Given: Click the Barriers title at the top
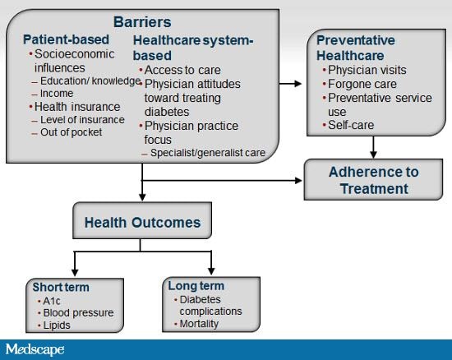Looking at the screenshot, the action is (x=142, y=22).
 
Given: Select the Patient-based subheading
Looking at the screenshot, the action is (x=66, y=39).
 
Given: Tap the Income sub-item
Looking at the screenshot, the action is (x=57, y=93).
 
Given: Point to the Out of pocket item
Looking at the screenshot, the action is (x=71, y=132).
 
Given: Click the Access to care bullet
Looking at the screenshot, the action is (x=182, y=70).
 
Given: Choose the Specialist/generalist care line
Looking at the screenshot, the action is (x=208, y=153).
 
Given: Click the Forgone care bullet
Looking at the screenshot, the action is (x=362, y=84).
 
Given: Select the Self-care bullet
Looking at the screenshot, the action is (x=351, y=125).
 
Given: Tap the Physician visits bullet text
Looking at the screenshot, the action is (x=367, y=70).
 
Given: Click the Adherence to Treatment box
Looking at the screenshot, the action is (x=373, y=179).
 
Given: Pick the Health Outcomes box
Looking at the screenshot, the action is (x=142, y=220).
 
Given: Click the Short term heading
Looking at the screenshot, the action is (x=61, y=287).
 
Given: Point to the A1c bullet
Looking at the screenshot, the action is (x=51, y=301).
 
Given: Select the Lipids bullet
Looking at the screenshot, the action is (x=57, y=325).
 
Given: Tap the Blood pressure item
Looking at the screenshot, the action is (x=78, y=312).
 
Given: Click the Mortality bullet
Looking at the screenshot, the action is (x=199, y=324).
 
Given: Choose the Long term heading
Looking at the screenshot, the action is (x=196, y=286).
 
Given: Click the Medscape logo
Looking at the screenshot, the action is (x=35, y=349).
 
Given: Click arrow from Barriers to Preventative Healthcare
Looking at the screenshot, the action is (x=290, y=84).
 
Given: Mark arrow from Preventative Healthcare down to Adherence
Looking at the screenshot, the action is (x=373, y=147).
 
